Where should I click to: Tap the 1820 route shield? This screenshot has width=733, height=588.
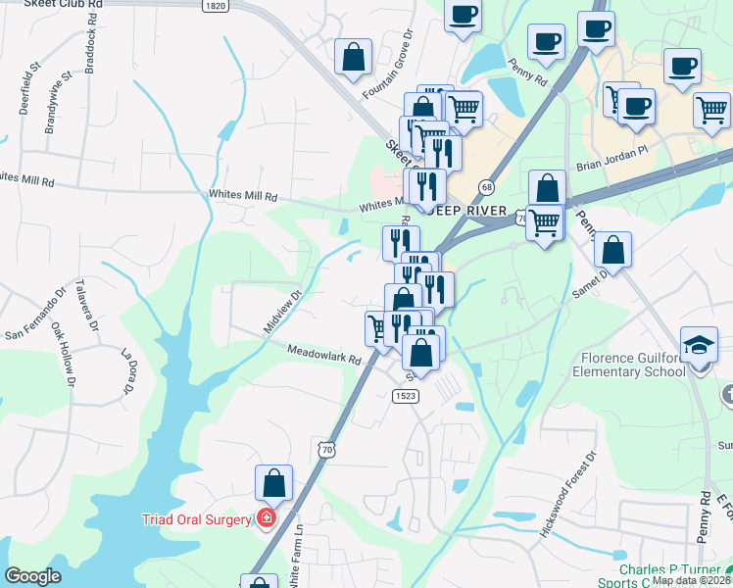pos(217,6)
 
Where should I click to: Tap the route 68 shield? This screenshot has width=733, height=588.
pos(486,186)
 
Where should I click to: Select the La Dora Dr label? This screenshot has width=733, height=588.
pos(128,372)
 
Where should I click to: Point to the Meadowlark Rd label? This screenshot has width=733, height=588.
pos(324,354)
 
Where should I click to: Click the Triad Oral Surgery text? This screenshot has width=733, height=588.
pos(197,519)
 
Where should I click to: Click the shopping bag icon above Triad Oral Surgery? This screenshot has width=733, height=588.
pos(273,483)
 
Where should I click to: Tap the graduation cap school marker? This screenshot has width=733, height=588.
pos(700,346)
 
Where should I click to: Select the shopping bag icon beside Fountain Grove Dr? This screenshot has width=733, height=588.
pos(353,58)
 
